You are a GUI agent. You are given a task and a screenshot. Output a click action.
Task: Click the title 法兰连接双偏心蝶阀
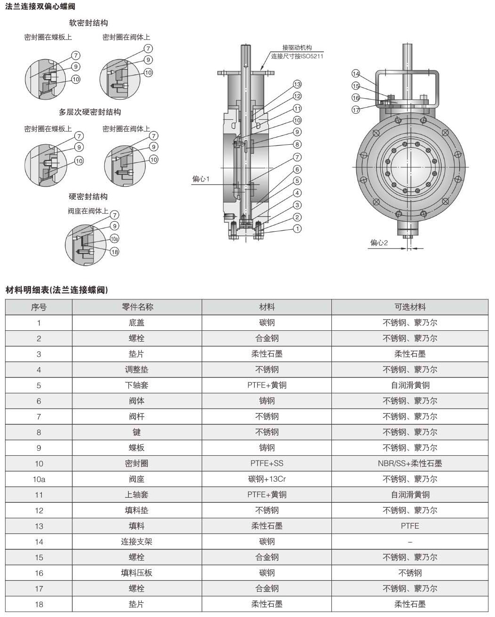pos(40,7)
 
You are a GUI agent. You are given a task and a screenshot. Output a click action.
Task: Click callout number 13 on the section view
pos(297,84)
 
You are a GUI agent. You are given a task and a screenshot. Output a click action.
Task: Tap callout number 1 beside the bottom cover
pos(297,229)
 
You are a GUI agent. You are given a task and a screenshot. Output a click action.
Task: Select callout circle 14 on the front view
pos(356,74)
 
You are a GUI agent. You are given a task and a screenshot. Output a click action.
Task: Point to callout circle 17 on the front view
pos(356,109)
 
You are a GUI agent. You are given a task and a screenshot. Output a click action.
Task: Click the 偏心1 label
pos(201,179)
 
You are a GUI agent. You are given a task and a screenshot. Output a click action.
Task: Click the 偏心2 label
pos(379,242)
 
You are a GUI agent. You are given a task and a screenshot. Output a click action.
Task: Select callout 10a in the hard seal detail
pos(114,239)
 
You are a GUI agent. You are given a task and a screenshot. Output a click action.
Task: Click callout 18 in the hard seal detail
pos(114,252)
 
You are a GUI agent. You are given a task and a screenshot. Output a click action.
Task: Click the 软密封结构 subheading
pos(88,23)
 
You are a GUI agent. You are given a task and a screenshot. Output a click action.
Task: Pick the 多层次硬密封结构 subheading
pos(90,112)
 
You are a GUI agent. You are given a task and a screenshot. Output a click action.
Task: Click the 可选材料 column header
pos(409,307)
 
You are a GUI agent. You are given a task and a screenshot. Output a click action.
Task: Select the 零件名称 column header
pos(137,307)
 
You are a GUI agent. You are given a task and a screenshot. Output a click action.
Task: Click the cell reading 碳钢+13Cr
pos(267,479)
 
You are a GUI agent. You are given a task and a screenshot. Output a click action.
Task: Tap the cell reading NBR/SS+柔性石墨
pos(409,463)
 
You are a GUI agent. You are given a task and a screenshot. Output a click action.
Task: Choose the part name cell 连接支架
pos(137,541)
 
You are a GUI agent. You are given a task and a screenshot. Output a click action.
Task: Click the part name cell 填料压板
pos(137,573)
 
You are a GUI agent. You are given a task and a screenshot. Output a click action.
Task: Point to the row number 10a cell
pos(39,479)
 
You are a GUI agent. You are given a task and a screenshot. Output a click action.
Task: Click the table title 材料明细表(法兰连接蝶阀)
pos(57,290)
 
